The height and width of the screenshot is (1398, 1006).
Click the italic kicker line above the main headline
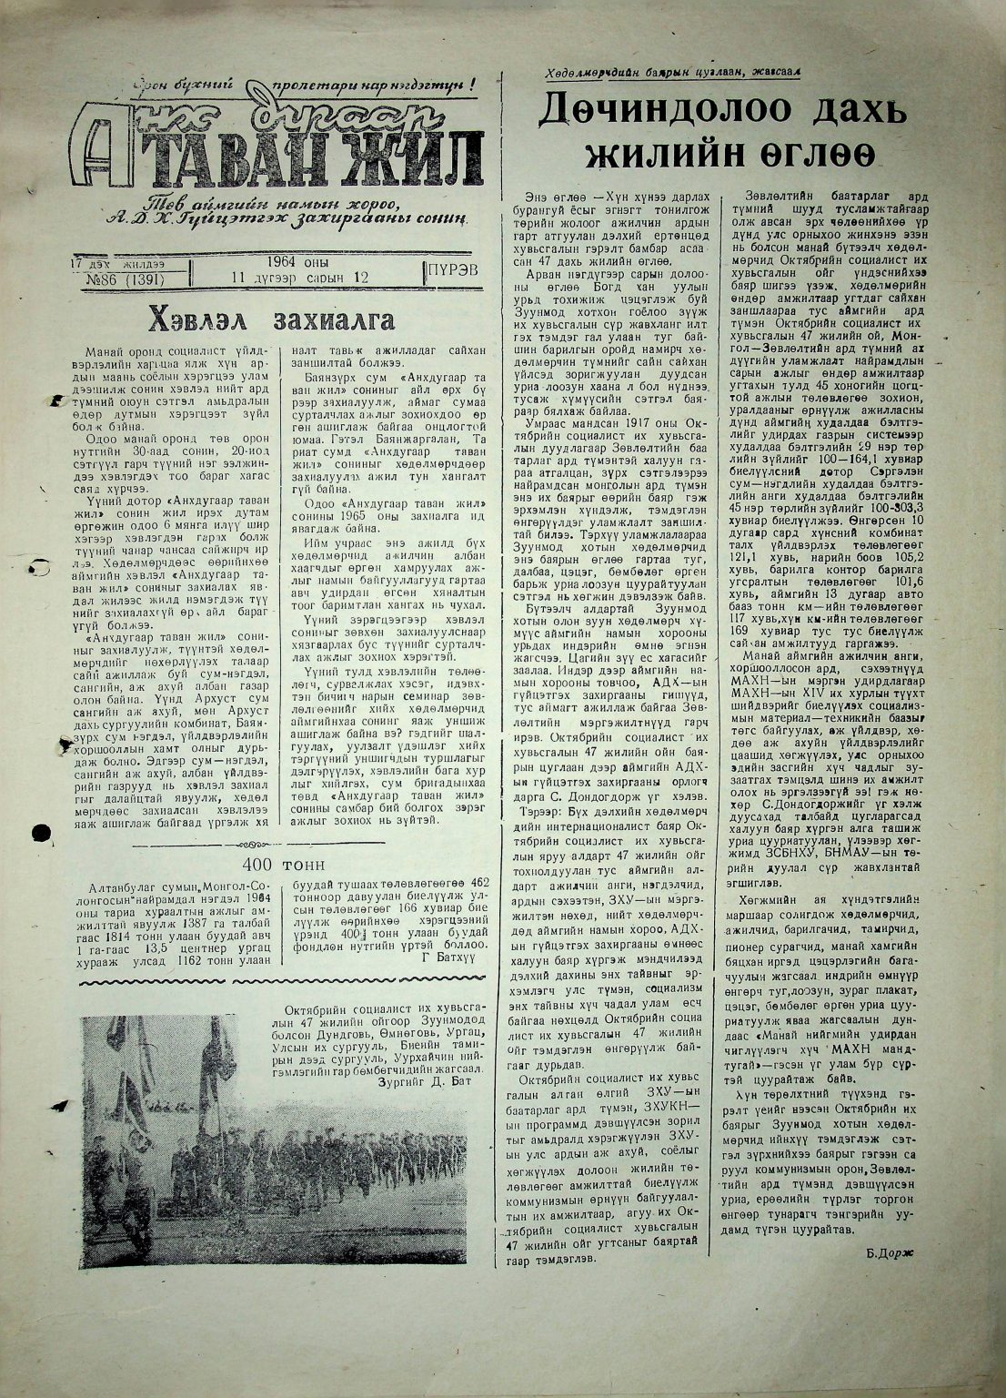pos(672,73)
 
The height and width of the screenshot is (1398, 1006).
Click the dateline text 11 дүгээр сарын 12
pos(299,279)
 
